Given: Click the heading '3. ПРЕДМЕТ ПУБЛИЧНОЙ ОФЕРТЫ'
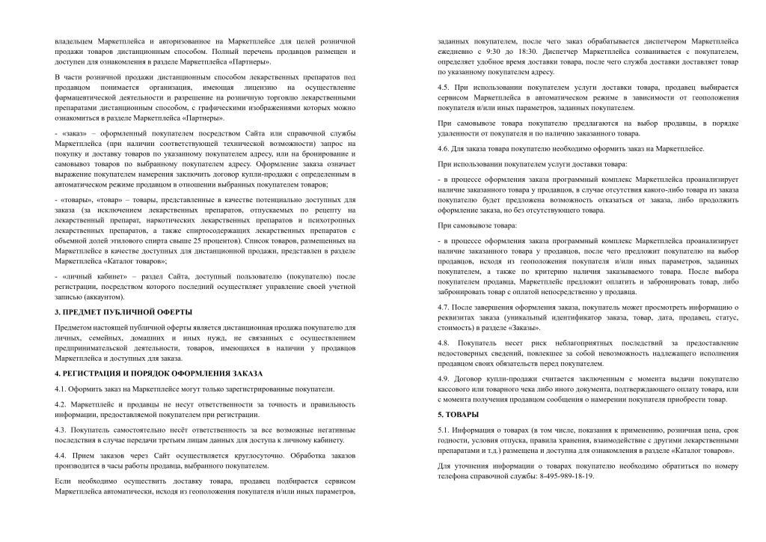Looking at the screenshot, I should tap(123, 311).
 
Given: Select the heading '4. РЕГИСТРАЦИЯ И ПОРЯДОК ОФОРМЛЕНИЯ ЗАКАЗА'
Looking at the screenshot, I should tap(159, 373).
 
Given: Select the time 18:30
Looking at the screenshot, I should tap(529, 52).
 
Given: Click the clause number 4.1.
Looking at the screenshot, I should tap(61, 389).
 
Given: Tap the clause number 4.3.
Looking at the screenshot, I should tap(61, 430).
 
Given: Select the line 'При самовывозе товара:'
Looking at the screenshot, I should tap(477, 225).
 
